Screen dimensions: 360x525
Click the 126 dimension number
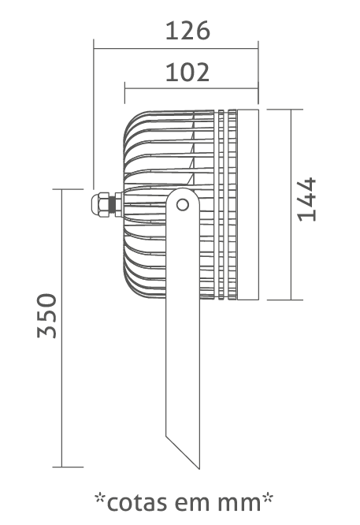pos(187,31)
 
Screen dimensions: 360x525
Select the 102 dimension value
pos(187,73)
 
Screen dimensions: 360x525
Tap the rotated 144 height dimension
pos(307,199)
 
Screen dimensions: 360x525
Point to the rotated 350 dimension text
pos(47,315)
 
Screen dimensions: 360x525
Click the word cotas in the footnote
pos(137,503)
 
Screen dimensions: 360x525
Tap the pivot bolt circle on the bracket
pos(182,205)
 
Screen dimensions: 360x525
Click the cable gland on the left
pos(106,204)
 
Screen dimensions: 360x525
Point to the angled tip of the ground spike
pos(199,468)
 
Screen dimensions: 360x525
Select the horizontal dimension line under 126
pos(176,49)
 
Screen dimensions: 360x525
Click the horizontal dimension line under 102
pos(191,88)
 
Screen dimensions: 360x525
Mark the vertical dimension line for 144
pos(291,204)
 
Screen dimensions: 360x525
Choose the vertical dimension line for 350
pos(62,328)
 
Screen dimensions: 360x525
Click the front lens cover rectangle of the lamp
pos(248,205)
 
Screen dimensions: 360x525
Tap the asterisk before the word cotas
pos(100,498)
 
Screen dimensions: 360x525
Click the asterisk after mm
pos(268,498)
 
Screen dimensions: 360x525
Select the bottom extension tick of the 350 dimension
pos(68,467)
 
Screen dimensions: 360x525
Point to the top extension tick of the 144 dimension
pos(285,109)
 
